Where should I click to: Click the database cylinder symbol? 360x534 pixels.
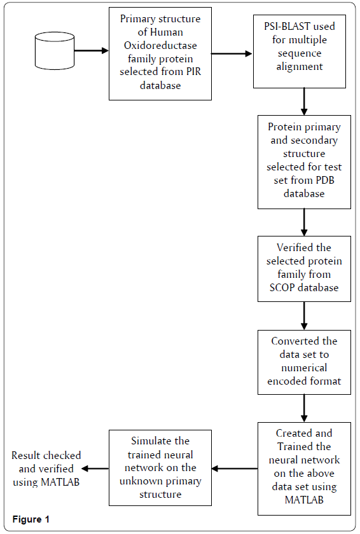click(55, 51)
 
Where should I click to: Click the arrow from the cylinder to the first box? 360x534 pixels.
click(92, 51)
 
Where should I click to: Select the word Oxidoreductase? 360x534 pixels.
click(160, 45)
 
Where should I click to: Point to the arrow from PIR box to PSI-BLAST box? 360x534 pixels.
click(232, 53)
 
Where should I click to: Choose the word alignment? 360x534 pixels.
click(300, 66)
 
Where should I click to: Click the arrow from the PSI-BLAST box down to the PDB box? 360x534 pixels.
click(304, 102)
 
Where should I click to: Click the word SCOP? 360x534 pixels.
click(282, 287)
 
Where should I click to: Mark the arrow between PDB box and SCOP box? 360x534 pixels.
click(304, 222)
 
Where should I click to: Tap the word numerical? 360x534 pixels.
click(304, 367)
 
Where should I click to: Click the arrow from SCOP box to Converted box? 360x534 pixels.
click(304, 316)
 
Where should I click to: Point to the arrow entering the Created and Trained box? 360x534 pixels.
click(304, 408)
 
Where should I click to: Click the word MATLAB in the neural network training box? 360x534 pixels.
click(304, 500)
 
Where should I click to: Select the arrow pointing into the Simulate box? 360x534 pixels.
click(235, 469)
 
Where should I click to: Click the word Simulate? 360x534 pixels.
click(160, 441)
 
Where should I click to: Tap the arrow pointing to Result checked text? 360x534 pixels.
click(95, 469)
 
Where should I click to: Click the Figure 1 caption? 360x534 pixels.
click(31, 519)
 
